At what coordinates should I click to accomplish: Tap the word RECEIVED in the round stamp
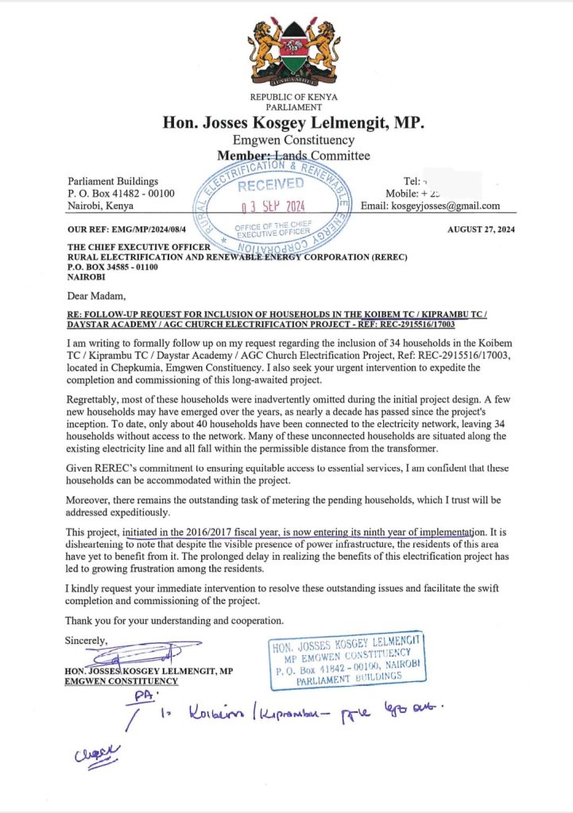coord(271,185)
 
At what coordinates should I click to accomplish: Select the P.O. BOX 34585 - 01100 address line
coord(113,267)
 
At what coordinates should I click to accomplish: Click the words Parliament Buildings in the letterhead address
coord(113,181)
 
